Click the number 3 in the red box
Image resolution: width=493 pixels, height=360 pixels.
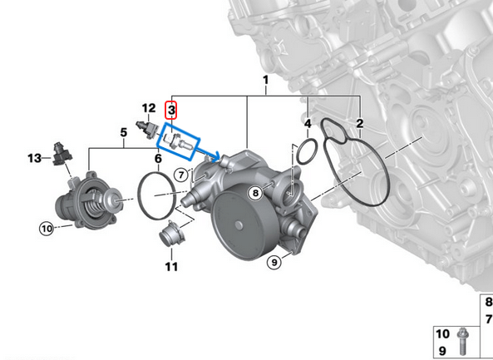(171, 110)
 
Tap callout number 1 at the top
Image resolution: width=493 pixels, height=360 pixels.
(265, 81)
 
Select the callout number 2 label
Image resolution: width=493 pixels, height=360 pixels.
(359, 125)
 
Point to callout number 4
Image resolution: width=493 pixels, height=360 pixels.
(308, 125)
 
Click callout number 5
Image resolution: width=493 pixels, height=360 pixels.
(123, 132)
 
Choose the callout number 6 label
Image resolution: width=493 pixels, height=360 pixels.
(157, 158)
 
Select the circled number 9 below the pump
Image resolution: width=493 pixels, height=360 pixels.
(274, 264)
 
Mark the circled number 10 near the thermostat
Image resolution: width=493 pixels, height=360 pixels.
(46, 226)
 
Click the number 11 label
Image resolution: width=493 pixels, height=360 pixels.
(171, 267)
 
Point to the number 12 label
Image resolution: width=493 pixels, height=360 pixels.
(148, 108)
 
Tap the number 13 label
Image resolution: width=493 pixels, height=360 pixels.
(33, 157)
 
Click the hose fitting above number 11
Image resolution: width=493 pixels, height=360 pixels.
(170, 235)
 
